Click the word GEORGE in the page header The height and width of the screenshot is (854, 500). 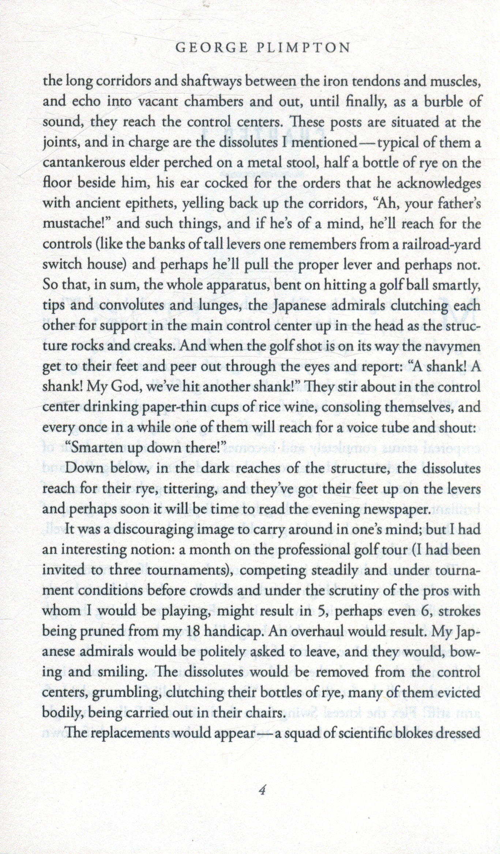pos(206,48)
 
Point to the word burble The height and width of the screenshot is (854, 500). pos(446,102)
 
